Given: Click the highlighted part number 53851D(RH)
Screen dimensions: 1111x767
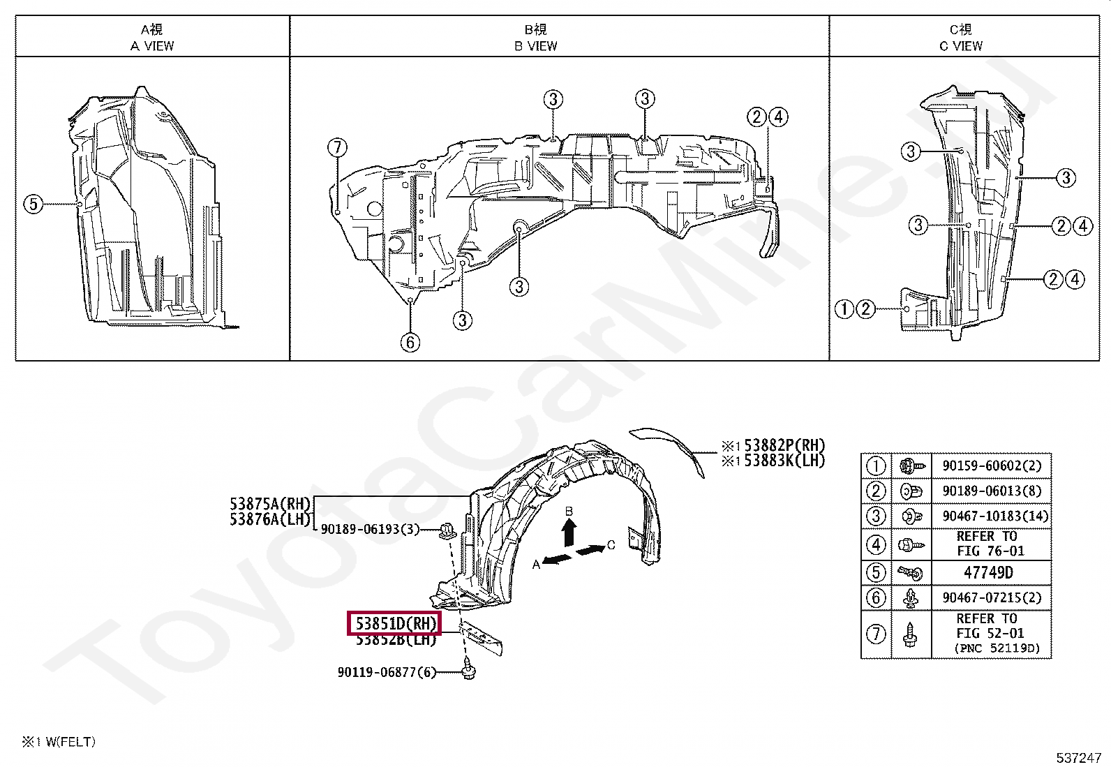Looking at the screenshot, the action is click(x=395, y=623).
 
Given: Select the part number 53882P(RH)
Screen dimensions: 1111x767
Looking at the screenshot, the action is click(x=784, y=446).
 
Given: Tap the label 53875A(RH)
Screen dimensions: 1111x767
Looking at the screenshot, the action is click(x=270, y=504).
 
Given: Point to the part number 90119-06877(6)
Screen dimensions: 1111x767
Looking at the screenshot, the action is click(x=387, y=672).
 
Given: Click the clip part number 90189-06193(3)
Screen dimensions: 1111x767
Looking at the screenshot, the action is click(x=370, y=529).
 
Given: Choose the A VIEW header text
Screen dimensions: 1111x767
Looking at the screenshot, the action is click(x=152, y=46).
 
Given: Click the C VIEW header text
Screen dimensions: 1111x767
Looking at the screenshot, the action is click(x=960, y=46).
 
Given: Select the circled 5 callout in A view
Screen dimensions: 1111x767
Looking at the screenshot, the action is click(x=33, y=204).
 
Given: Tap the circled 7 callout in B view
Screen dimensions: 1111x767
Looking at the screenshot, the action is click(x=337, y=147).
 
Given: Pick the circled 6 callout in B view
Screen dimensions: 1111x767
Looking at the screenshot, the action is click(x=410, y=342).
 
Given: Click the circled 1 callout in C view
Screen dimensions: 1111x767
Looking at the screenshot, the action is click(x=844, y=308).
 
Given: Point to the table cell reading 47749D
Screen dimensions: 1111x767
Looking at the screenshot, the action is click(x=988, y=572).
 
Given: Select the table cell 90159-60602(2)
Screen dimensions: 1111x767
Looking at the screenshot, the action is click(x=992, y=466).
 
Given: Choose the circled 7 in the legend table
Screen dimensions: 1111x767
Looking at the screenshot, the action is click(x=876, y=634).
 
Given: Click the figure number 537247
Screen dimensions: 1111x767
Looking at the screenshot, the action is click(x=1078, y=757).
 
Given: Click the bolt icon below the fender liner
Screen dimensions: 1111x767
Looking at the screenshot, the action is click(x=468, y=672).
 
